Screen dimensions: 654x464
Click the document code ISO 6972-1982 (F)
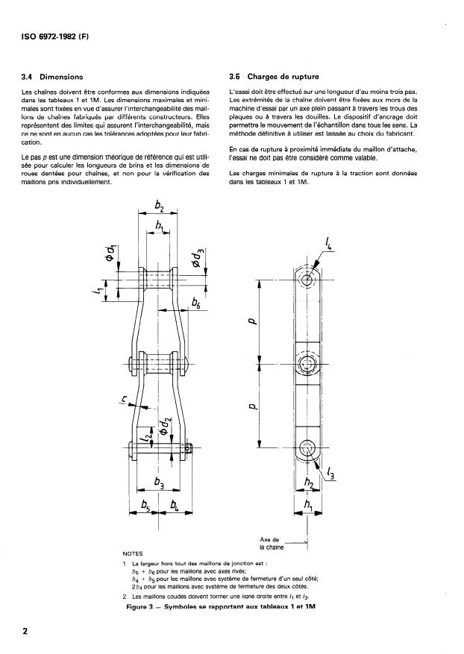pyautogui.click(x=52, y=37)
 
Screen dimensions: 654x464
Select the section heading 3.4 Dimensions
pyautogui.click(x=53, y=77)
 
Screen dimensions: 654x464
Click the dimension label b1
pyautogui.click(x=159, y=225)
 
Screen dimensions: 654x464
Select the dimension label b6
pyautogui.click(x=196, y=304)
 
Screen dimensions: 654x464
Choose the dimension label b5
pyautogui.click(x=145, y=508)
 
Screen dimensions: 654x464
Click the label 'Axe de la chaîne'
pyautogui.click(x=270, y=543)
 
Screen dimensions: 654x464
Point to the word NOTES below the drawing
pyautogui.click(x=131, y=554)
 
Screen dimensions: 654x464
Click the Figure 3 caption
pyautogui.click(x=222, y=607)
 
